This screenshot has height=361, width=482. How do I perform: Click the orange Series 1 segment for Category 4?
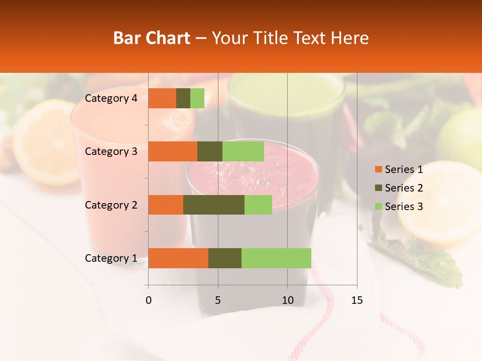(x=162, y=98)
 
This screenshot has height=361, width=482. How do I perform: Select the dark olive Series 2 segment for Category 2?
(x=214, y=205)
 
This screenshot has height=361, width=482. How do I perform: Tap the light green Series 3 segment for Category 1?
(x=276, y=258)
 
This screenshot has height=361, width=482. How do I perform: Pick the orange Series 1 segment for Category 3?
(x=173, y=151)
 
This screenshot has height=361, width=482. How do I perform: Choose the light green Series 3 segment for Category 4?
(x=197, y=98)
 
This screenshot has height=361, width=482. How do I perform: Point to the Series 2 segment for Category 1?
(x=225, y=258)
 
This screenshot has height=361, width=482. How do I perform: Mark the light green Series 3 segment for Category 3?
(x=243, y=151)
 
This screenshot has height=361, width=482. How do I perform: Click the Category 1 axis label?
(x=111, y=258)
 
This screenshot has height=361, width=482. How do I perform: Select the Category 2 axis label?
(x=111, y=205)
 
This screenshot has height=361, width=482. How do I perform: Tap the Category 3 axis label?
(x=111, y=151)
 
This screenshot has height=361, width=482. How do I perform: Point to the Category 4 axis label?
(x=111, y=98)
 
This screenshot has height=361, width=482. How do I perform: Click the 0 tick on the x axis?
(x=149, y=300)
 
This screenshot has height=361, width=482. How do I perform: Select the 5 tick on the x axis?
(x=218, y=300)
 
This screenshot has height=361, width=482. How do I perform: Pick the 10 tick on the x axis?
(x=287, y=300)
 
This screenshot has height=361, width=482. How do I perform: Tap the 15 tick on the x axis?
(x=356, y=300)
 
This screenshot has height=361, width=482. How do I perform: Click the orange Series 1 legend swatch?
(x=378, y=169)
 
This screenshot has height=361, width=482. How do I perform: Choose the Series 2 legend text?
(x=404, y=188)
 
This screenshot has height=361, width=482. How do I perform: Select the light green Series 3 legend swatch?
(x=378, y=207)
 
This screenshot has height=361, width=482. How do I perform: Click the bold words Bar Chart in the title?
(x=152, y=38)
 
